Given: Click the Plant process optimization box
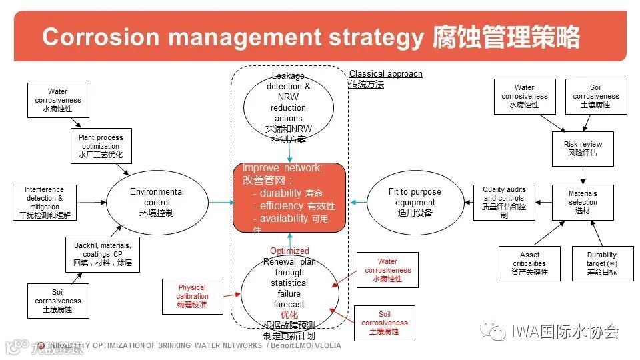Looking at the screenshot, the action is [x=101, y=146].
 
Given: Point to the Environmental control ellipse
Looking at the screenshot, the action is [x=157, y=202].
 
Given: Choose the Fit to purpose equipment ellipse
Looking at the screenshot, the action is [x=415, y=202].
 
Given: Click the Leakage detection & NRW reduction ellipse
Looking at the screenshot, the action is [x=289, y=108].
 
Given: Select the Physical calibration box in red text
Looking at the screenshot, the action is [x=192, y=296].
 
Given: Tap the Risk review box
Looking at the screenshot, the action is [x=583, y=149].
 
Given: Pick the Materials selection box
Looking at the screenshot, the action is [x=583, y=202].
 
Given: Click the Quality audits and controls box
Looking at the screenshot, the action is [x=504, y=203].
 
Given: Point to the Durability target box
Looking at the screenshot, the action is [x=602, y=263].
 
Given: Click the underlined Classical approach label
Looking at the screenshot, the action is [x=385, y=74].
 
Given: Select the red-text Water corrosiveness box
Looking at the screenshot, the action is [x=387, y=270].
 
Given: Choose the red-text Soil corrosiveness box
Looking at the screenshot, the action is [x=385, y=323].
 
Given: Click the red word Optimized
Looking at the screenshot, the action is [x=289, y=251].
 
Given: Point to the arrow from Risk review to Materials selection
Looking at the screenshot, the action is [x=583, y=175].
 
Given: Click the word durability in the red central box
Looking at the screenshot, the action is [x=282, y=193].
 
